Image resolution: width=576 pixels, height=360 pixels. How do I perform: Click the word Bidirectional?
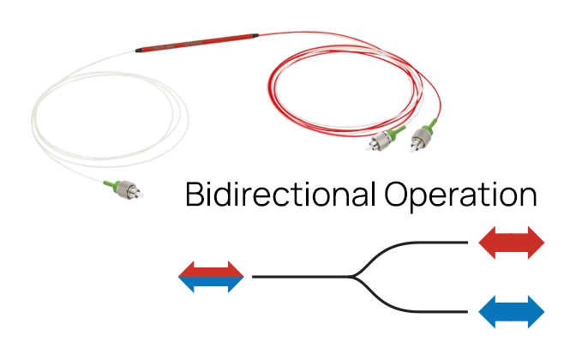point(281,194)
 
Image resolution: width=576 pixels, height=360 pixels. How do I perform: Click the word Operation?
point(460,195)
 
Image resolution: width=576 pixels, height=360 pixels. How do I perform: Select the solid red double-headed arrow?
point(512,243)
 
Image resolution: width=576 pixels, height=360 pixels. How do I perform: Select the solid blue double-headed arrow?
point(512,311)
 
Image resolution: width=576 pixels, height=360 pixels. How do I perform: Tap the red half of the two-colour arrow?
point(211,270)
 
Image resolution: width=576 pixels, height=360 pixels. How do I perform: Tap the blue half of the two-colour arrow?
point(211,283)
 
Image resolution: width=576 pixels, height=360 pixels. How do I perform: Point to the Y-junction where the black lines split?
point(351,277)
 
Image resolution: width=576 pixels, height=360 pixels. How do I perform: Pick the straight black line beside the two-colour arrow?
point(301,277)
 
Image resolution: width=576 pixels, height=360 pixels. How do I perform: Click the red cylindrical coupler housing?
point(197,43)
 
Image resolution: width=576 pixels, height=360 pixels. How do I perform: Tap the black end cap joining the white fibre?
point(139,51)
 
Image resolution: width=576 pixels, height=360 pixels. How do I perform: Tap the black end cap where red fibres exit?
point(255,36)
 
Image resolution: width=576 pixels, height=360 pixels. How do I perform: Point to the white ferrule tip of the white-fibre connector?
point(140,194)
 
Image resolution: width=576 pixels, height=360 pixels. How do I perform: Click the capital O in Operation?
point(396,194)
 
